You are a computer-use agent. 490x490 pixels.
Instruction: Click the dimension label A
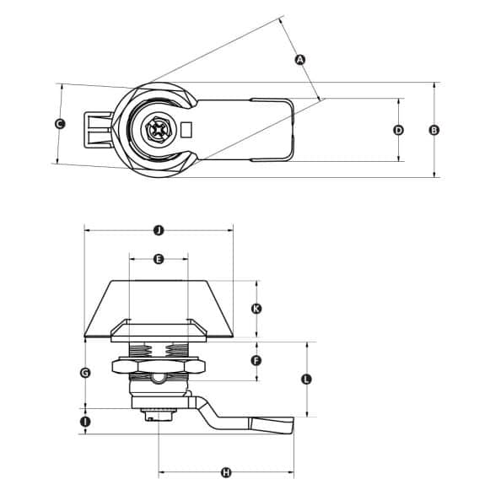click(x=299, y=59)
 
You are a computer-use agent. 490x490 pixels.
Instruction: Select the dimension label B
click(x=433, y=130)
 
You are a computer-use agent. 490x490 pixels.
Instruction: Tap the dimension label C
click(x=59, y=124)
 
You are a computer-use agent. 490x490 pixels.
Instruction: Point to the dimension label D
click(x=399, y=130)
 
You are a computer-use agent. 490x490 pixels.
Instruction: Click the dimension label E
click(x=159, y=259)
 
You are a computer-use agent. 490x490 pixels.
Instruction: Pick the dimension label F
click(x=256, y=360)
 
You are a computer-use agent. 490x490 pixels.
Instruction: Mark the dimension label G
click(x=85, y=372)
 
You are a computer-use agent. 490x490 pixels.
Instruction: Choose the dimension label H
click(x=226, y=472)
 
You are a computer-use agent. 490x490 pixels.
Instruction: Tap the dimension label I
click(x=85, y=420)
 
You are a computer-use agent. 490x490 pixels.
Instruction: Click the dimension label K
click(x=256, y=309)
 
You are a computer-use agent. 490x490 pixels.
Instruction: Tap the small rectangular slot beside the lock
click(x=187, y=131)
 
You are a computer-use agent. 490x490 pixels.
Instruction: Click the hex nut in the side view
click(x=158, y=365)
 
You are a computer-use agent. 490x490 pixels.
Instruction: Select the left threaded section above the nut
click(x=139, y=349)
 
